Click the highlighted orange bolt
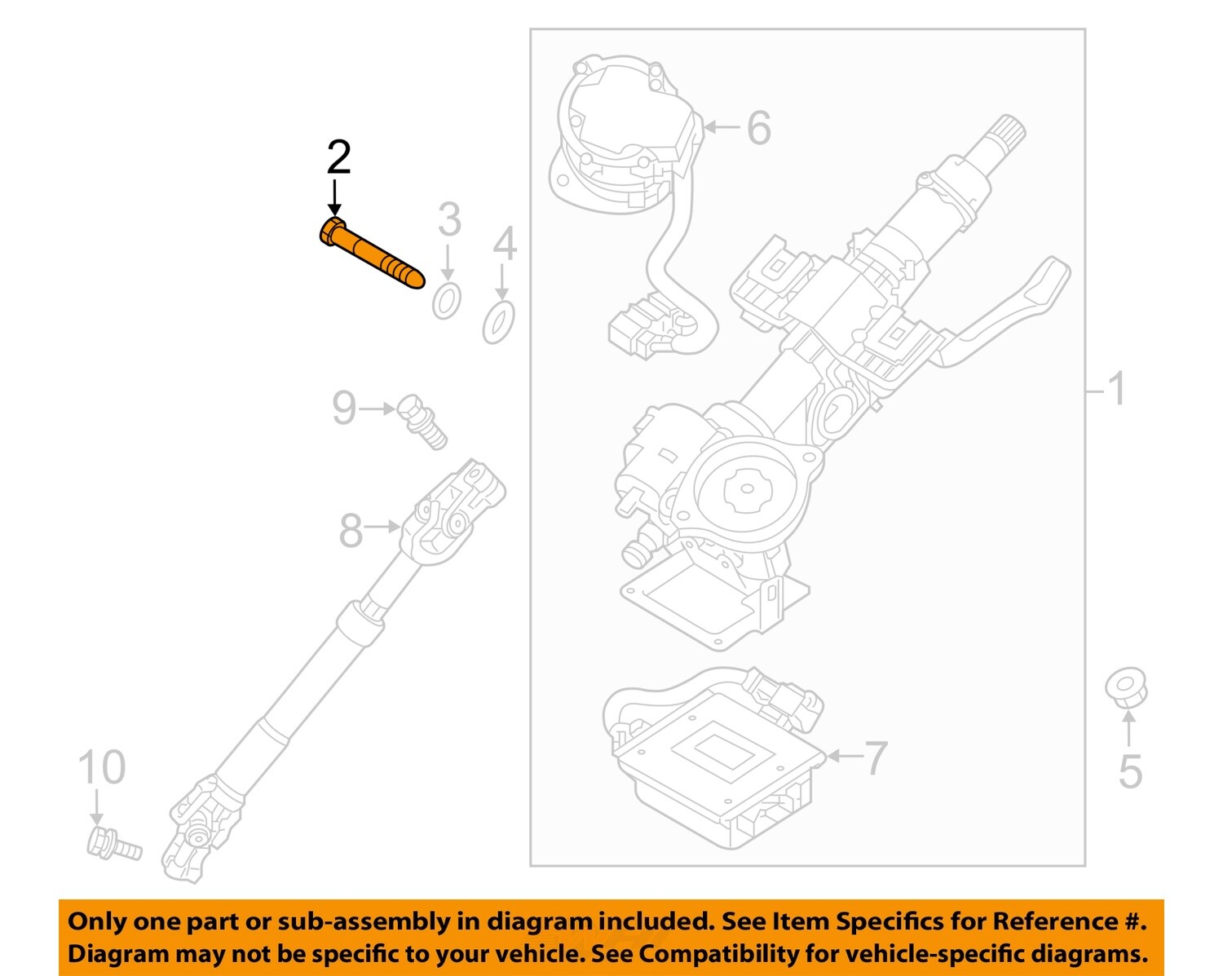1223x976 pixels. tap(371, 254)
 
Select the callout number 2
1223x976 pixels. tap(338, 157)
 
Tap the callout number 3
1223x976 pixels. tap(449, 219)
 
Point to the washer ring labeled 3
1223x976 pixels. tap(446, 301)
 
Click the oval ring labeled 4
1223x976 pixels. tap(499, 322)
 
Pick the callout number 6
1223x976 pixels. tap(758, 128)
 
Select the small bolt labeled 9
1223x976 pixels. tap(423, 421)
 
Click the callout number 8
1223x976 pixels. tap(351, 531)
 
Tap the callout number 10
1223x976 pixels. tap(102, 767)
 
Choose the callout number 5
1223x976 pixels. tap(1130, 771)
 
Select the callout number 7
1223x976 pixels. tap(875, 758)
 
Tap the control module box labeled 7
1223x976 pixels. tap(717, 758)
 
